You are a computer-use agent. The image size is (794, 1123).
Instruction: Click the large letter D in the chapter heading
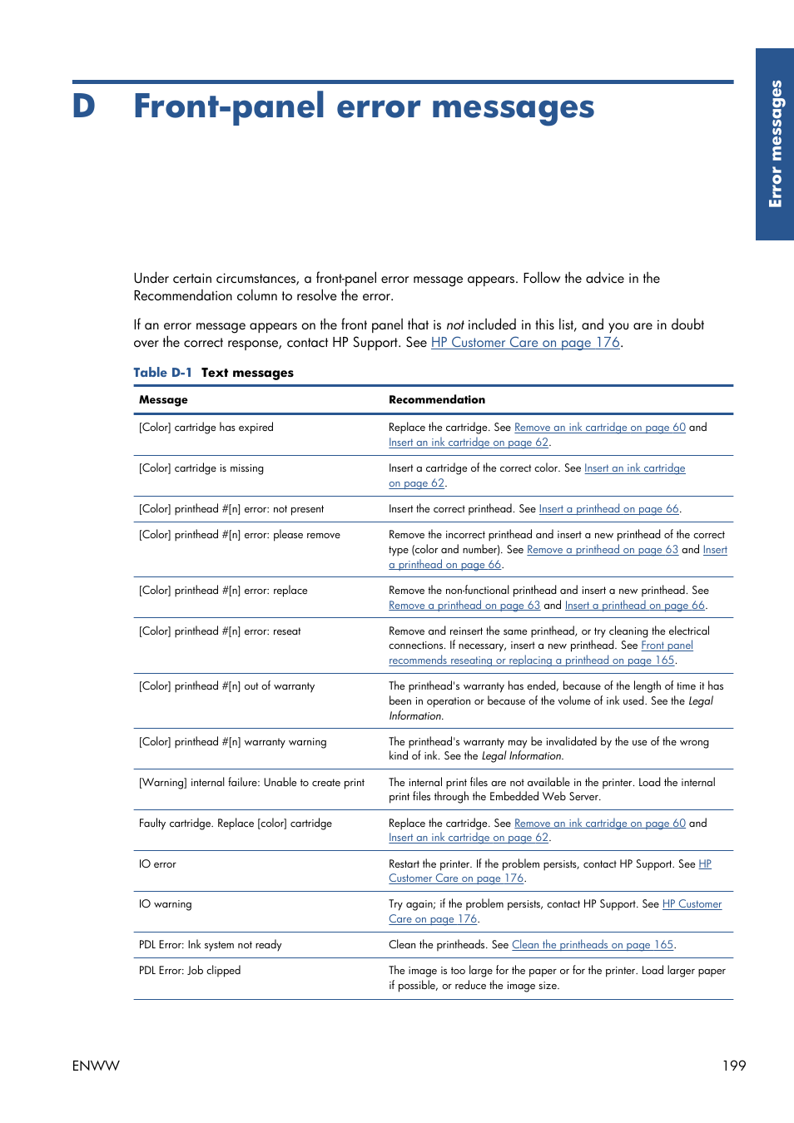[x=84, y=106]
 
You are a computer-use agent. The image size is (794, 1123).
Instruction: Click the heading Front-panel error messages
[x=364, y=106]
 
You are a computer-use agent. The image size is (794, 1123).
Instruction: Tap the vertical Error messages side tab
[x=775, y=144]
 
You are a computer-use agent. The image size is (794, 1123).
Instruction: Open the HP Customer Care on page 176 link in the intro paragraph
[x=525, y=343]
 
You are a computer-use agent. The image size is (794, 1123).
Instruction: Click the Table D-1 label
[x=162, y=373]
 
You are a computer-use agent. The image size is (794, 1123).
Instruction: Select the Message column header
[x=163, y=400]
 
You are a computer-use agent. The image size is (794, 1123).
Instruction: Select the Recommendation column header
[x=436, y=400]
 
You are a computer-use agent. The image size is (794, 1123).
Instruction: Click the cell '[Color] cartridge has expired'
[x=206, y=428]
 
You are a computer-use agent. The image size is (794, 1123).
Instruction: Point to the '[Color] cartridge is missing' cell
[x=201, y=468]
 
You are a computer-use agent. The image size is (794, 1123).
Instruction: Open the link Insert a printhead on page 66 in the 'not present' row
[x=608, y=509]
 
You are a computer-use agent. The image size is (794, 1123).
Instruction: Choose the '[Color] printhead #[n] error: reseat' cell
[x=220, y=631]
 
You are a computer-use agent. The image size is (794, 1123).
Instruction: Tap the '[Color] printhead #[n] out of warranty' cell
[x=226, y=686]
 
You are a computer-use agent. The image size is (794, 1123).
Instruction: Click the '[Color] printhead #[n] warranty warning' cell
[x=232, y=742]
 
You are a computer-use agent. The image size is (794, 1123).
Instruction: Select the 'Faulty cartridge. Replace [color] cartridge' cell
[x=236, y=824]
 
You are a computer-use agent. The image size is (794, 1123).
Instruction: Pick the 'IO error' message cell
[x=157, y=864]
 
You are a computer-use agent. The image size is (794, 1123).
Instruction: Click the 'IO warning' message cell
[x=165, y=904]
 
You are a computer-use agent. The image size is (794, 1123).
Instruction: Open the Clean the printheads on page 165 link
[x=592, y=945]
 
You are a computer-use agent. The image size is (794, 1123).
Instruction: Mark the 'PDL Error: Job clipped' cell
[x=190, y=971]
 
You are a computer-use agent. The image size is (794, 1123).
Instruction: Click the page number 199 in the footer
[x=733, y=1066]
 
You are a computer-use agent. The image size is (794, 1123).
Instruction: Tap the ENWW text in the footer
[x=96, y=1066]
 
